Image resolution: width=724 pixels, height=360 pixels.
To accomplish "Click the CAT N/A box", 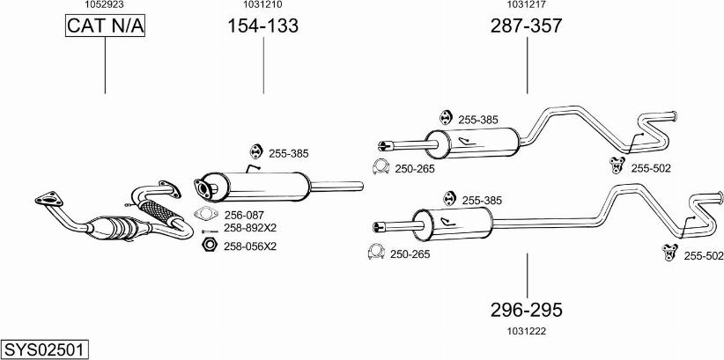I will [105, 27].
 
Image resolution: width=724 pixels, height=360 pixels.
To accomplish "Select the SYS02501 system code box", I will [44, 349].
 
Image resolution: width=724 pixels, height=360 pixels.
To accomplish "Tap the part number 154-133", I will [263, 27].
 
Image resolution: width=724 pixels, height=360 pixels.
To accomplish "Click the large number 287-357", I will [526, 27].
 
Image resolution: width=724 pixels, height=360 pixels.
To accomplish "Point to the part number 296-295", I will [527, 310].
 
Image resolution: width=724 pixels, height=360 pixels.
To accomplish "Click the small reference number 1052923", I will [104, 5].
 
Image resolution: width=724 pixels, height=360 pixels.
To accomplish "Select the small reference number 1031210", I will [263, 5].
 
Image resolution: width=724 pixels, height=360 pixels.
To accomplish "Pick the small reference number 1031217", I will [527, 5].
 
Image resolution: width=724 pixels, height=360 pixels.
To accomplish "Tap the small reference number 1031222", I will [527, 331].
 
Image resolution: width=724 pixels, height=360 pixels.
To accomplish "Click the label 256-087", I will [244, 215].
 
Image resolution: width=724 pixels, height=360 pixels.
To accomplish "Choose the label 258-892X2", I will [249, 228].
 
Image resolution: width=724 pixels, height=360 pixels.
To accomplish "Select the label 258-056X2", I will [249, 246].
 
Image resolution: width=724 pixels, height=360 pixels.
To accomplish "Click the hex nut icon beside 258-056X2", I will [209, 244].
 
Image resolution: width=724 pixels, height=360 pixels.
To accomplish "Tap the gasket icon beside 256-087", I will [205, 214].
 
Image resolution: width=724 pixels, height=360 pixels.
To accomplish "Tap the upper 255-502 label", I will [651, 168].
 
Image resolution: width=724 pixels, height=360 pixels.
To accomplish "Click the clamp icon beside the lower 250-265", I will [376, 253].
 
